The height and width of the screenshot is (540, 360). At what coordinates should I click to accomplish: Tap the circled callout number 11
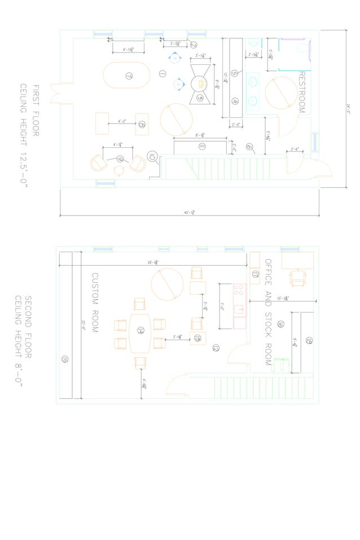coord(201,147)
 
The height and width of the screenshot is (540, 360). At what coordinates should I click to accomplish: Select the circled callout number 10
coord(152,156)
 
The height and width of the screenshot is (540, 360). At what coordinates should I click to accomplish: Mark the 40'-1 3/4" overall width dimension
coord(189,212)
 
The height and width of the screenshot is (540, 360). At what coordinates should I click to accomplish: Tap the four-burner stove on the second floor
coord(239,291)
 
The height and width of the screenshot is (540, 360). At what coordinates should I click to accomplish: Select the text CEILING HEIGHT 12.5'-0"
coord(24,135)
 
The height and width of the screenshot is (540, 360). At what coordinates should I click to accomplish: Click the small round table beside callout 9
coord(119,170)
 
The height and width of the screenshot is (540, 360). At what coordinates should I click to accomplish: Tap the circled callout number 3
coord(200,98)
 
